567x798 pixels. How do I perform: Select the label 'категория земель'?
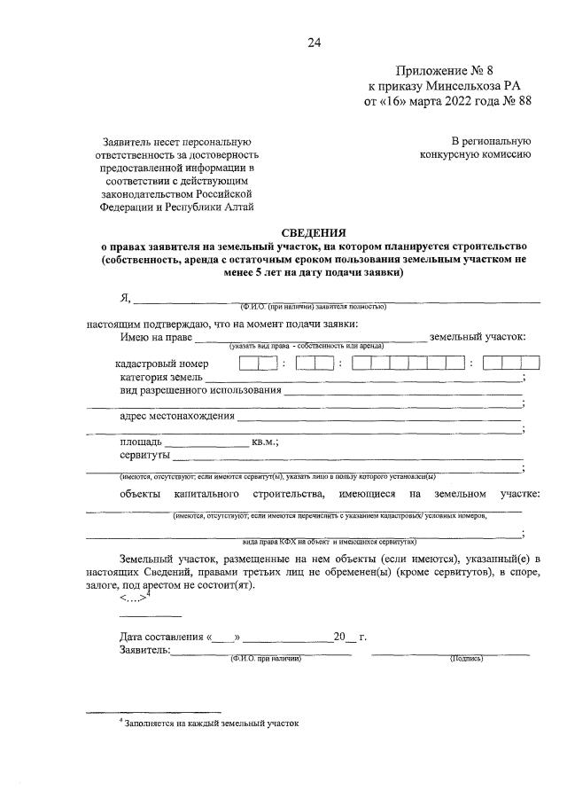coord(162,378)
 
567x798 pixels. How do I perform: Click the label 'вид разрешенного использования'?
coord(200,391)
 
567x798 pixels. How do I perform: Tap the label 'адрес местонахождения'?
coord(177,417)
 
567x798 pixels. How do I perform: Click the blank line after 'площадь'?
coord(206,442)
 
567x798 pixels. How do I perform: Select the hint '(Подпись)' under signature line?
coord(466,659)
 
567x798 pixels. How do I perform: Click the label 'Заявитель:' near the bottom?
coord(144,651)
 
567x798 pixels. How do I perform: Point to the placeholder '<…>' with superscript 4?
coord(135,598)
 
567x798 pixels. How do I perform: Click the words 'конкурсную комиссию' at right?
coord(475,155)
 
